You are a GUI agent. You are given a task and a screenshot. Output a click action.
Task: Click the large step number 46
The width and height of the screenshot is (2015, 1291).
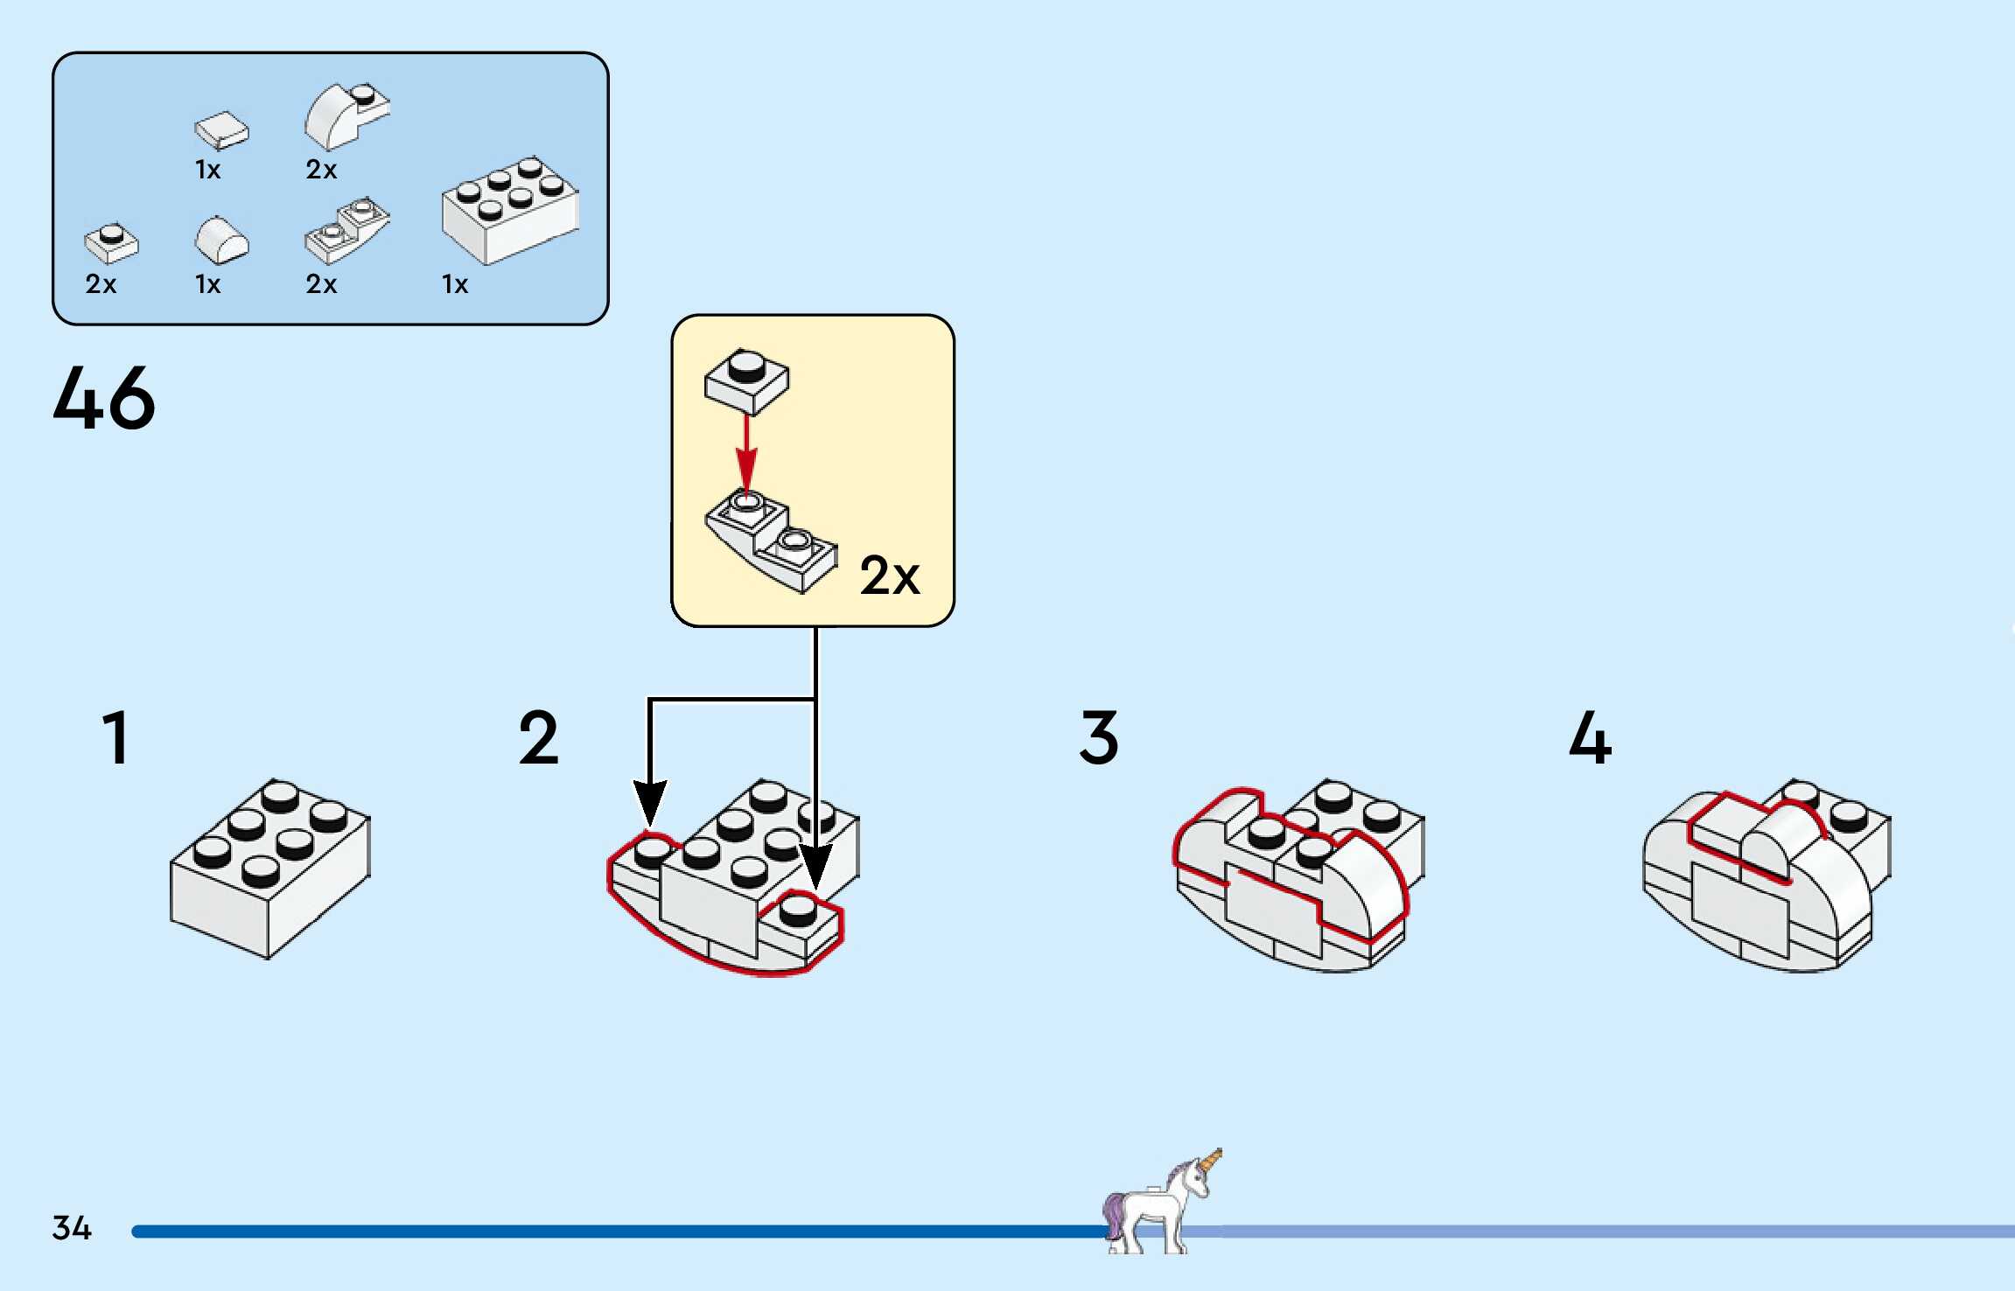104,398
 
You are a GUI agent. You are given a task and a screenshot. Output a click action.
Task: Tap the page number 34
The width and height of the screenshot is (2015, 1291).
72,1228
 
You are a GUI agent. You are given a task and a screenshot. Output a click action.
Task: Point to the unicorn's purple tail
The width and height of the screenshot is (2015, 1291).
1113,1212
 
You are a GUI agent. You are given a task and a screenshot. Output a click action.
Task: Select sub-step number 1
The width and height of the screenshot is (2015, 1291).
116,738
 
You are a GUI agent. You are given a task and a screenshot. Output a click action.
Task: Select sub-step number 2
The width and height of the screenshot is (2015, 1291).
538,738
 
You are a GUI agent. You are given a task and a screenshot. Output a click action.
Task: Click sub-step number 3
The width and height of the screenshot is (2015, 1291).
1099,738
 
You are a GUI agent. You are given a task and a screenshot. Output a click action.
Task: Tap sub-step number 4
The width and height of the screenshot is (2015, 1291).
1590,738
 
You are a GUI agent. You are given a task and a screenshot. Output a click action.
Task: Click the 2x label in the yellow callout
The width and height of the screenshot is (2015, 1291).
890,576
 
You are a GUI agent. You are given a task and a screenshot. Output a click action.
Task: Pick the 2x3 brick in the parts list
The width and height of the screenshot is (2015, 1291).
510,210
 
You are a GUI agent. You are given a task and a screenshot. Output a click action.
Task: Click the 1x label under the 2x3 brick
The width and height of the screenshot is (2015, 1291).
455,284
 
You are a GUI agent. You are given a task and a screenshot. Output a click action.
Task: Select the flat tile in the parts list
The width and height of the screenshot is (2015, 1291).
221,130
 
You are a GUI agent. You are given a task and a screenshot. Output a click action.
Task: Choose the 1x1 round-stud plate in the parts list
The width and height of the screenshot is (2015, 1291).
111,243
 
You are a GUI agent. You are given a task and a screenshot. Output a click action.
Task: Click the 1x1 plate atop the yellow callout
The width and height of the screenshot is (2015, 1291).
746,380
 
